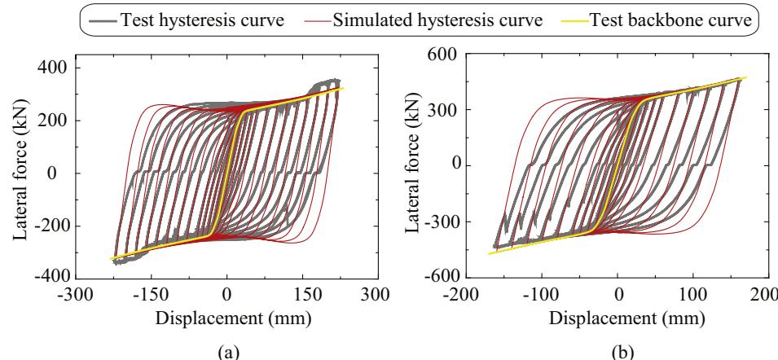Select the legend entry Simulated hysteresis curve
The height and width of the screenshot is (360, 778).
(437, 20)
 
